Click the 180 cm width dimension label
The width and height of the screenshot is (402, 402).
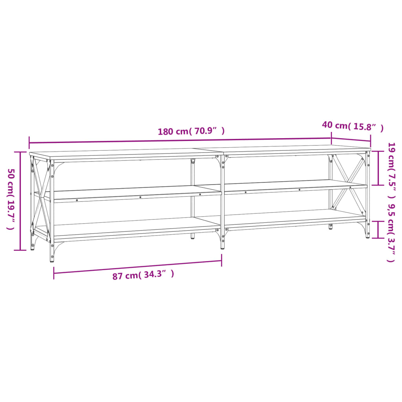[191, 131]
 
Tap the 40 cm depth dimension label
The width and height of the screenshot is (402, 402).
[352, 126]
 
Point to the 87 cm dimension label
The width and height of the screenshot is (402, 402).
[143, 275]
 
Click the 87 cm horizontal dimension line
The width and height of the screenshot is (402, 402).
[137, 267]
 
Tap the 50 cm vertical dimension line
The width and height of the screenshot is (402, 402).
[20, 201]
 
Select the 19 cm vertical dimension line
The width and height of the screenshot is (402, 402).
[378, 168]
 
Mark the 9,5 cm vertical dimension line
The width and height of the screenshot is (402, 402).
[378, 229]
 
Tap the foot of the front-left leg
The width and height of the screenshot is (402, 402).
[52, 259]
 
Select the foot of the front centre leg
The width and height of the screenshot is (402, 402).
[223, 247]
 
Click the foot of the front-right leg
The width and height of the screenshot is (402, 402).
[367, 236]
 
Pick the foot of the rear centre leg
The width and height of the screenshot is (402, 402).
[192, 236]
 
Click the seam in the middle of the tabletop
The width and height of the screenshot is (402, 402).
[210, 151]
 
